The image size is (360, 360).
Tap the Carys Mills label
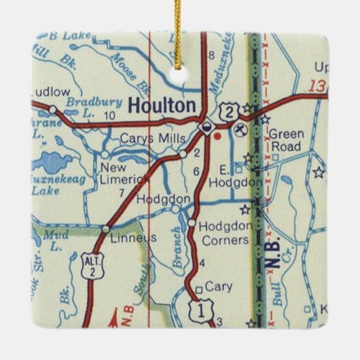152,139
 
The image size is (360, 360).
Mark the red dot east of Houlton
217,135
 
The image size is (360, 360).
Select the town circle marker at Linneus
105,230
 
